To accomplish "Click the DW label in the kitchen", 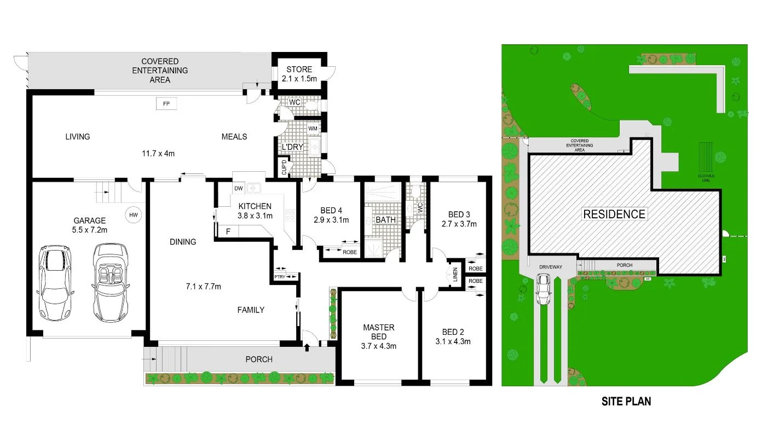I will tap(238, 188).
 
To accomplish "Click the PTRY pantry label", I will tap(280, 277).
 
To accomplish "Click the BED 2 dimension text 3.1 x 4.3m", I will tap(457, 342).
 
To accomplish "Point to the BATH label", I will tap(385, 219).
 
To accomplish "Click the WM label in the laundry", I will tap(313, 129).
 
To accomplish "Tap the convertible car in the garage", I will tap(110, 282).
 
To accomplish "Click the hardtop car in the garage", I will tap(55, 282).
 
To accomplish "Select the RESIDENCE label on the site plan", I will tap(614, 214).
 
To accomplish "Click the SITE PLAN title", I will tap(626, 401).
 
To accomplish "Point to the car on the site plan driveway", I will tap(544, 289).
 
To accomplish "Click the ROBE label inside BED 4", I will tap(349, 252).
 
